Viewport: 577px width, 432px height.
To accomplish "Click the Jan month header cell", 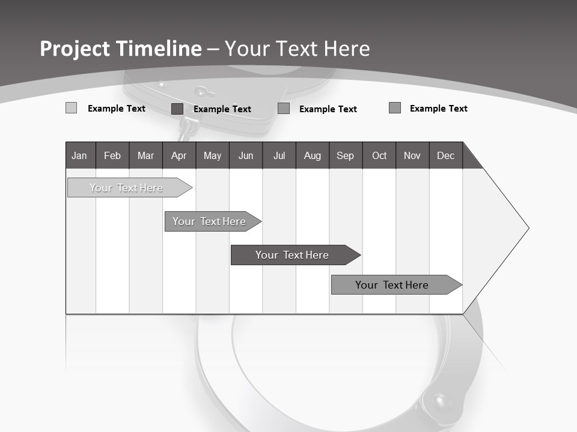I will coord(80,156).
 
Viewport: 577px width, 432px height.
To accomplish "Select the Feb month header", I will coord(112,156).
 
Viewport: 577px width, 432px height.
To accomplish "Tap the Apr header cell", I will coord(179,156).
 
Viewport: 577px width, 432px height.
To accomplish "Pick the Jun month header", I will coord(246,156).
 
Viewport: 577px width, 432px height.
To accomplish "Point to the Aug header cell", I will coord(313,156).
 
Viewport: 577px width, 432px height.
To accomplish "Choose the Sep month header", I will coord(346,156).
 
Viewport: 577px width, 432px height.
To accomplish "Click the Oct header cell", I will coord(379,156).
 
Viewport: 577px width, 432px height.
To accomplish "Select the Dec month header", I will coord(446,156).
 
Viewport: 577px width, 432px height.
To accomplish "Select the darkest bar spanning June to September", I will coord(293,255).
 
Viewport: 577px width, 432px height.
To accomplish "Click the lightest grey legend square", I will coord(71,108).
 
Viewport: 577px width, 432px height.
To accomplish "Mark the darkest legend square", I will coord(177,109).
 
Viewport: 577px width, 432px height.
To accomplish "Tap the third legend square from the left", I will coord(284,109).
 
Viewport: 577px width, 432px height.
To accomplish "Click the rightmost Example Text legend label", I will coord(438,109).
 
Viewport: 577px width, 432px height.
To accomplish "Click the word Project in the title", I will coord(75,49).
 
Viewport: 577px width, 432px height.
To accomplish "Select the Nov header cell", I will coord(412,156).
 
